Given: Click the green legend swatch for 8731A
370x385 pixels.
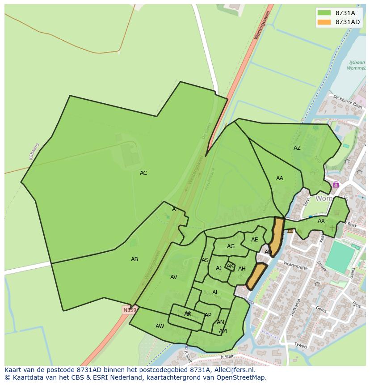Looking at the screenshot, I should click(324, 13).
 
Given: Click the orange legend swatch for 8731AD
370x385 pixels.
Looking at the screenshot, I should click(324, 22).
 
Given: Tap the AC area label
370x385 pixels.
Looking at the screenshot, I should click(143, 173).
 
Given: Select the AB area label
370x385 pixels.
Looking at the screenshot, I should click(135, 259).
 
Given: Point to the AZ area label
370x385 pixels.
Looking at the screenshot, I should click(297, 148).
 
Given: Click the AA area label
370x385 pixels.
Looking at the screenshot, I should click(280, 178).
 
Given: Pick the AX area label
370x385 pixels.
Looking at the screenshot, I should click(321, 221).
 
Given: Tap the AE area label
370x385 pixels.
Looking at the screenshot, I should click(255, 240).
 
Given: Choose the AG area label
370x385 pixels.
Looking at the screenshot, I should click(231, 246).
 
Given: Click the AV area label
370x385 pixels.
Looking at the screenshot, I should click(174, 277).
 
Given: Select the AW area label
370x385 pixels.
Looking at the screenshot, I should click(160, 326).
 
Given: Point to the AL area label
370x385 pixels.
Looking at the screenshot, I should click(215, 292).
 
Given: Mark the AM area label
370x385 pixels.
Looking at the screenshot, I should click(223, 331).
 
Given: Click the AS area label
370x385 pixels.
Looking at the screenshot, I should click(205, 260).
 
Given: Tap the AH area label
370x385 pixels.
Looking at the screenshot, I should click(242, 269).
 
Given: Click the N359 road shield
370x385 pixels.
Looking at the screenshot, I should click(130, 310).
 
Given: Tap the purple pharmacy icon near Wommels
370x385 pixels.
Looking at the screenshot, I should click(336, 185).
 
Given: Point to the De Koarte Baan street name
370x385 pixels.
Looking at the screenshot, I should click(348, 102).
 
